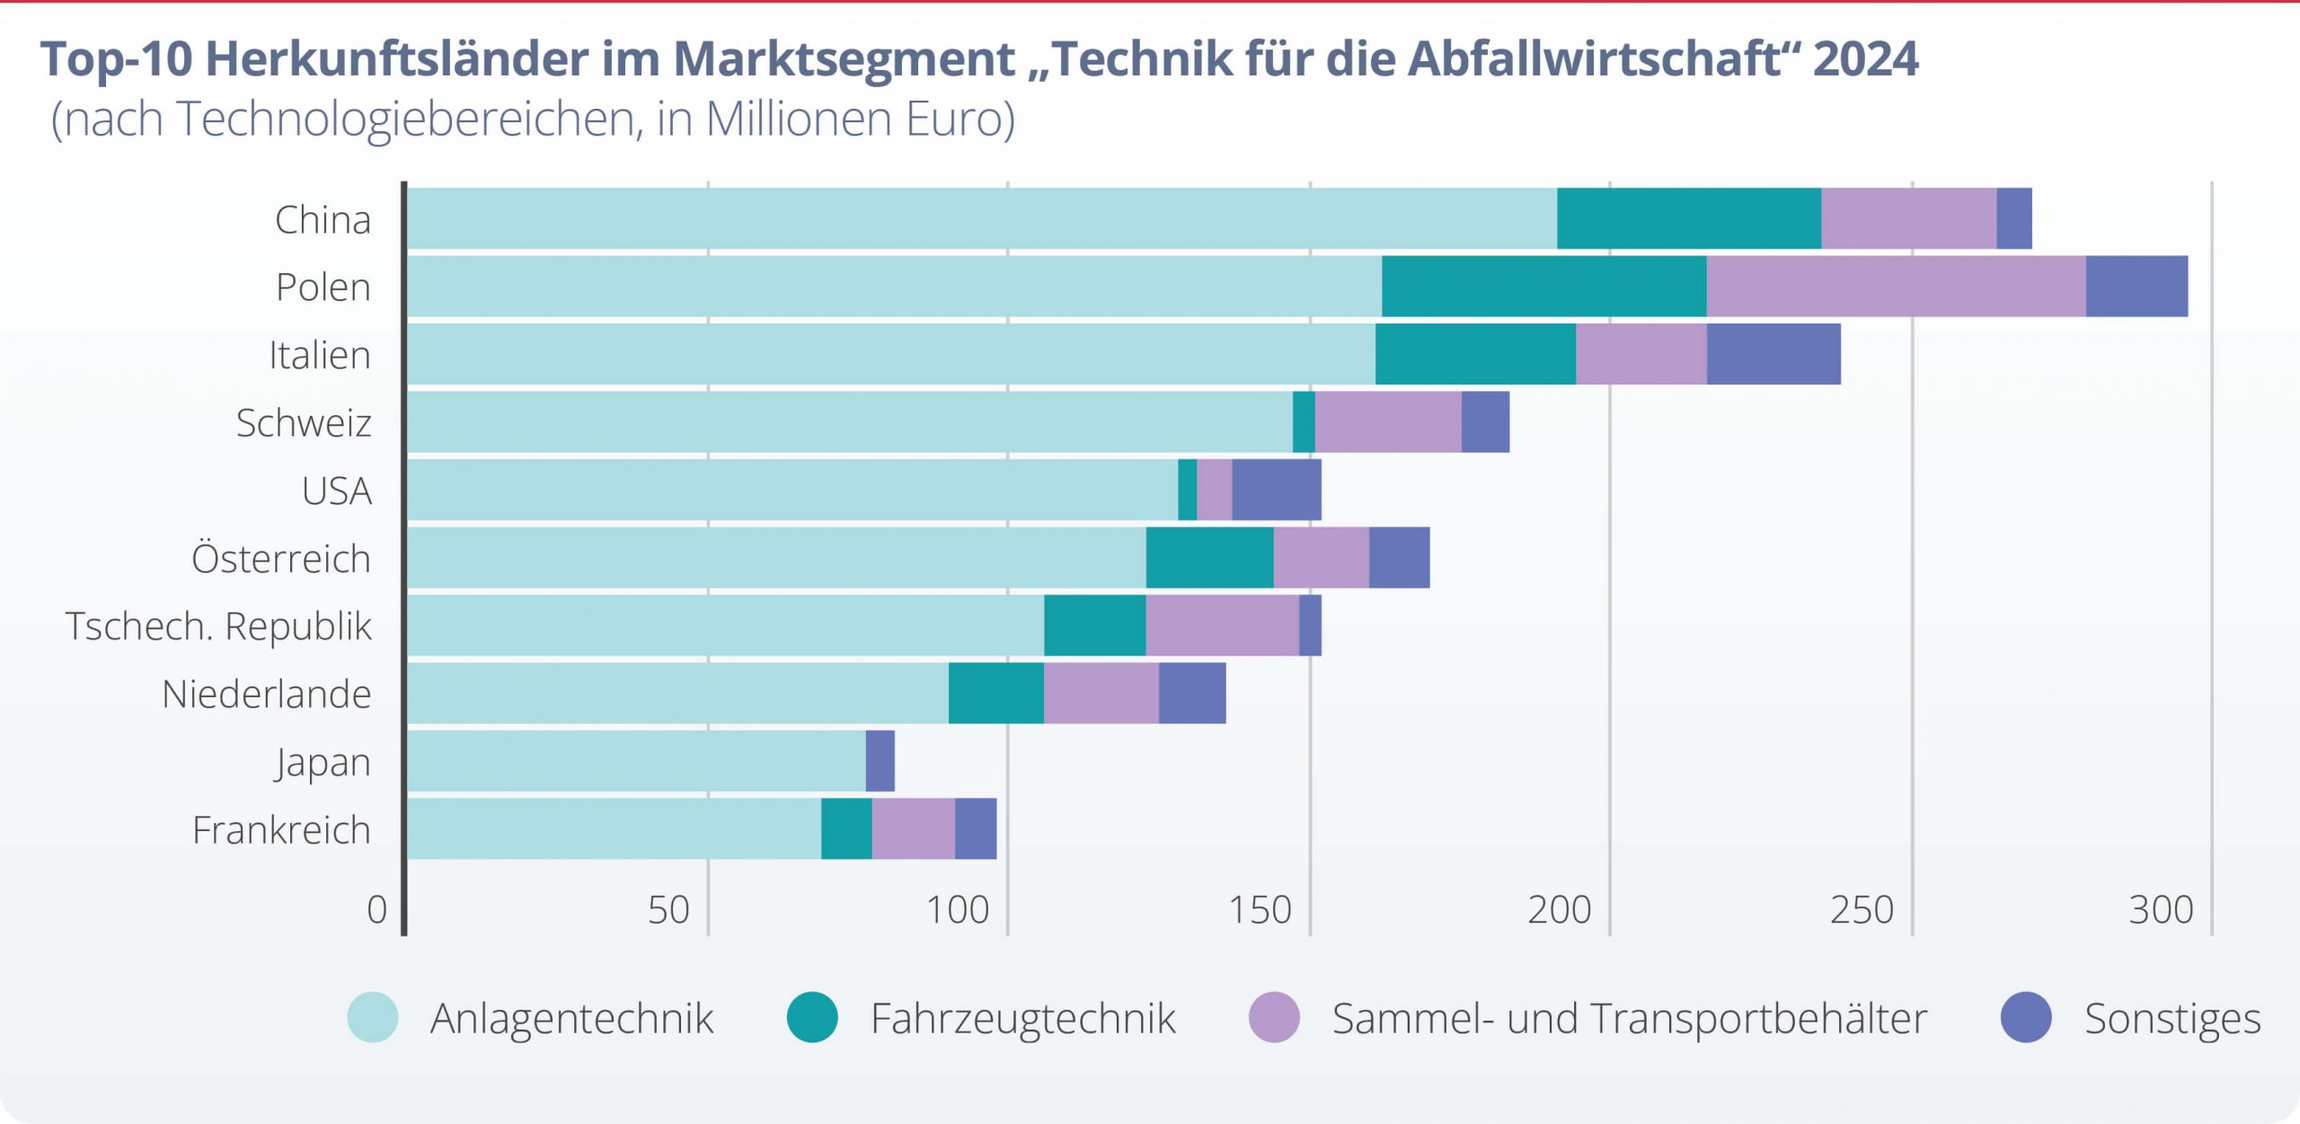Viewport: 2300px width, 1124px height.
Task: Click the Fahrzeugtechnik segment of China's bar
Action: pyautogui.click(x=1689, y=218)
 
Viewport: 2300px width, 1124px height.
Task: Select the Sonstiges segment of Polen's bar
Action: pyautogui.click(x=2136, y=287)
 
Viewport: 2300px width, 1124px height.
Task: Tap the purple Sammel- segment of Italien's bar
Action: pyautogui.click(x=1641, y=354)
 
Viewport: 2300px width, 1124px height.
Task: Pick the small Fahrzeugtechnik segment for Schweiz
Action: pyautogui.click(x=1304, y=422)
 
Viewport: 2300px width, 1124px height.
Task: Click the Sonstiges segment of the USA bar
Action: pyautogui.click(x=1276, y=490)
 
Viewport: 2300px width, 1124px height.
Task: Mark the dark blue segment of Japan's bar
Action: pyautogui.click(x=880, y=761)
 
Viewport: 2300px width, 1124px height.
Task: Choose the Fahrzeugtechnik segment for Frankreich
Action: pyautogui.click(x=846, y=828)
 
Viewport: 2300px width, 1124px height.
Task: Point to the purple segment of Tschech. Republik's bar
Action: pyautogui.click(x=1222, y=625)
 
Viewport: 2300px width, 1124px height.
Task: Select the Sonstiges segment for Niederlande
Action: pyautogui.click(x=1192, y=693)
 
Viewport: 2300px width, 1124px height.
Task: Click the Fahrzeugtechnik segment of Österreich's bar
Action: pyautogui.click(x=1209, y=558)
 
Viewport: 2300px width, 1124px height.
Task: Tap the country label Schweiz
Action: pyautogui.click(x=304, y=423)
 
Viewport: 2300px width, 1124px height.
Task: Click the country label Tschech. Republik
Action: pyautogui.click(x=218, y=626)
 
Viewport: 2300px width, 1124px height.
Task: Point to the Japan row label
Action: pyautogui.click(x=323, y=763)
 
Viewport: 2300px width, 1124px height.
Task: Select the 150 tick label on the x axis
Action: pyautogui.click(x=1260, y=910)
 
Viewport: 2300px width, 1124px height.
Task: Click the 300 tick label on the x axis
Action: pyautogui.click(x=2161, y=910)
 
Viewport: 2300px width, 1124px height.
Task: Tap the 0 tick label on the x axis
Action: pyautogui.click(x=377, y=910)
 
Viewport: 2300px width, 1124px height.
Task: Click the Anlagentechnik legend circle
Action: pyautogui.click(x=373, y=1017)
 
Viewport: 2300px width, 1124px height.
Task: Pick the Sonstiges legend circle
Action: pyautogui.click(x=2026, y=1017)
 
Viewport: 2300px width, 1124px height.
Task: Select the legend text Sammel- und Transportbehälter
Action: pyautogui.click(x=1629, y=1019)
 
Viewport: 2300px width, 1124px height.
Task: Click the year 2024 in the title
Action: pyautogui.click(x=1865, y=59)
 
